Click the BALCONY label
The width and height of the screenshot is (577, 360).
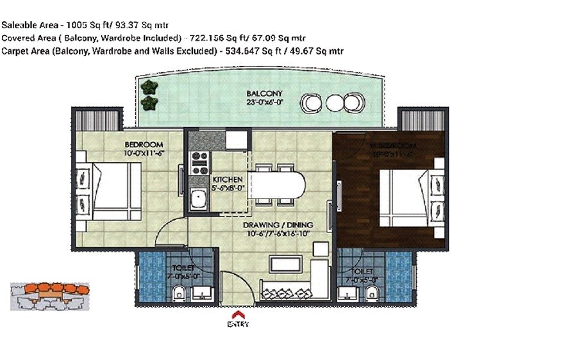click(x=264, y=94)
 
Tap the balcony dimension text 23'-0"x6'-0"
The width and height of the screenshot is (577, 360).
click(x=264, y=102)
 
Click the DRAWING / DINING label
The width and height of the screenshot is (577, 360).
click(x=278, y=225)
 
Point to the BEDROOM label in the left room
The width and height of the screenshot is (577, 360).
click(x=144, y=144)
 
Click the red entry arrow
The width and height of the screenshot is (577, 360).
click(x=237, y=315)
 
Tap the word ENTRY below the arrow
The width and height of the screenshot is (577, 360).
click(x=237, y=324)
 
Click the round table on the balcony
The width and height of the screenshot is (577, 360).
click(x=334, y=102)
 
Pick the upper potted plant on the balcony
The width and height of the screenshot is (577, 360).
click(x=150, y=87)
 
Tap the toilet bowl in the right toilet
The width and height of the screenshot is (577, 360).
click(x=371, y=293)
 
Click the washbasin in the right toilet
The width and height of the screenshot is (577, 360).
click(x=350, y=295)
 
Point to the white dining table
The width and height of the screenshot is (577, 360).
click(x=278, y=185)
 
